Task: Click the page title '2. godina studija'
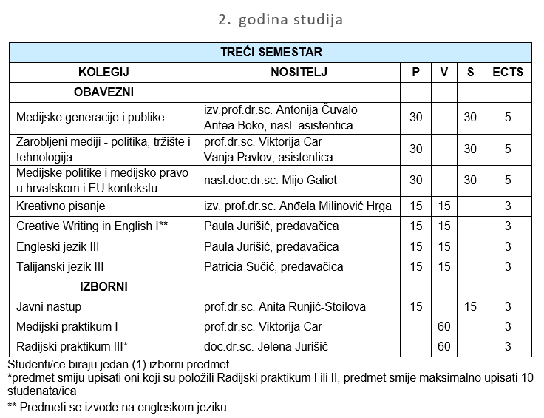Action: tap(280, 19)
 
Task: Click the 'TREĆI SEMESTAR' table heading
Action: tap(271, 53)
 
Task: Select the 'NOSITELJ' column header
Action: tap(299, 72)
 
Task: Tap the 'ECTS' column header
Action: tap(508, 72)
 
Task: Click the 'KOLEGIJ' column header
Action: tap(103, 72)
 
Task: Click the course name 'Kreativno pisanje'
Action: tap(61, 206)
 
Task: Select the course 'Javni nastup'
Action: tap(49, 306)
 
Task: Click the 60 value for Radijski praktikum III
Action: tap(444, 345)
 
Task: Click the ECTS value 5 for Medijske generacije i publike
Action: tap(508, 117)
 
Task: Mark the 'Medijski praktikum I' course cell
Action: tap(67, 326)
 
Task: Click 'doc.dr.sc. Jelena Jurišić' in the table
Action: tap(264, 345)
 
